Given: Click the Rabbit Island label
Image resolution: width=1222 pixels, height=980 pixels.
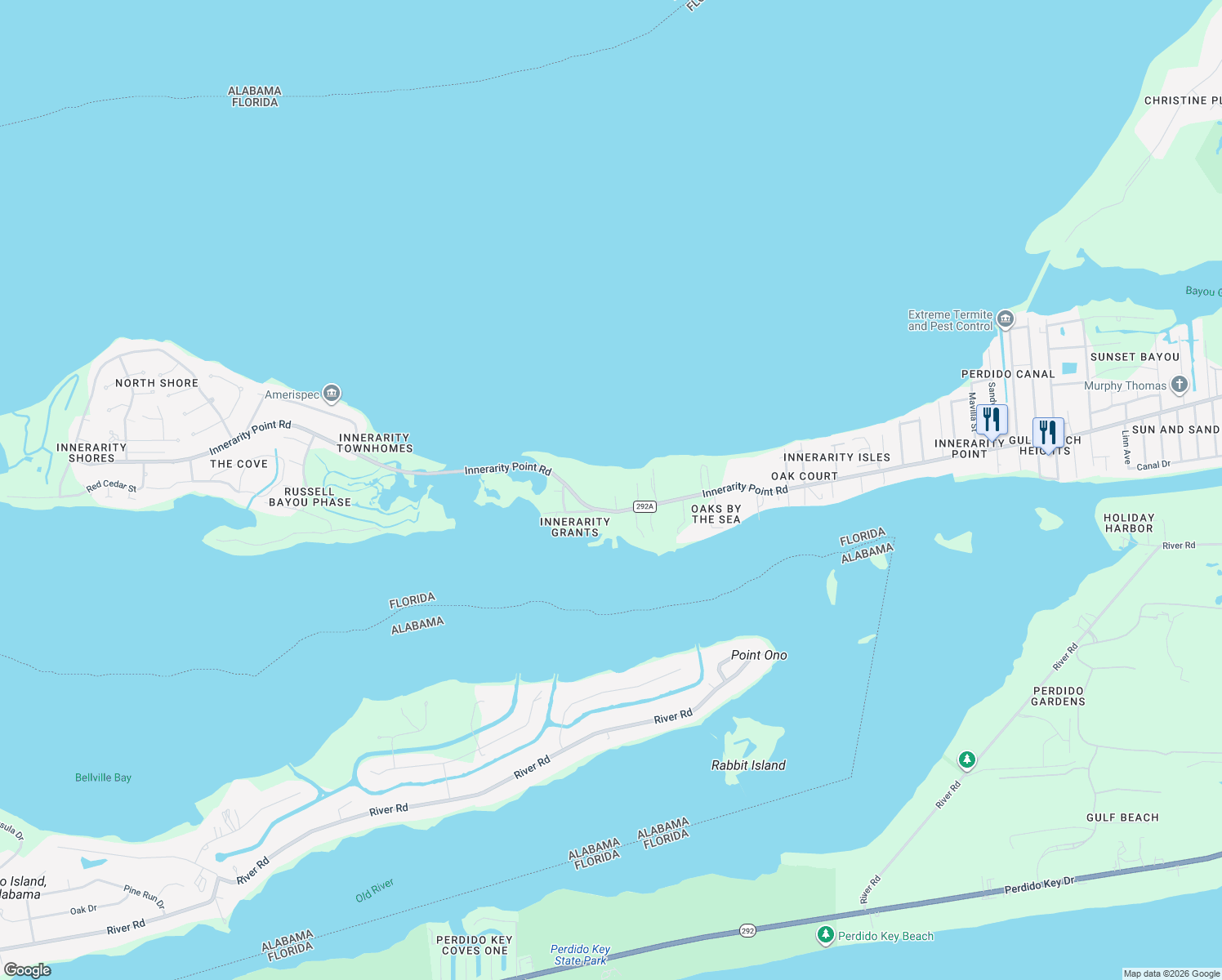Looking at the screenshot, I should coord(748,765).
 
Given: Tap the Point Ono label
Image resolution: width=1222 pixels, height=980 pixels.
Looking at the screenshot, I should coord(759,655).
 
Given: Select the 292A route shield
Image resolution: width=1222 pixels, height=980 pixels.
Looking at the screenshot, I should coord(644,506).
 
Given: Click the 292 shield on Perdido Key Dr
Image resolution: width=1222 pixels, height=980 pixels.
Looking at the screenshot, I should coord(747,930).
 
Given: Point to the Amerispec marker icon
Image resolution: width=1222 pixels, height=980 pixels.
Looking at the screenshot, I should coord(332,394).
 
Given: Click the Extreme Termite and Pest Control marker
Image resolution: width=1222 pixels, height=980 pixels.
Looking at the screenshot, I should coord(1006,319).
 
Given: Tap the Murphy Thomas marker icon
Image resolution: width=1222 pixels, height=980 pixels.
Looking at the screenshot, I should coord(1179,384).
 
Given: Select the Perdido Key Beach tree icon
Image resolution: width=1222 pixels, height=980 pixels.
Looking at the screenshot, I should coord(826,934).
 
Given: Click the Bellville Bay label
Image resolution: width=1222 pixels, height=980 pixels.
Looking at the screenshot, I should coord(103,777).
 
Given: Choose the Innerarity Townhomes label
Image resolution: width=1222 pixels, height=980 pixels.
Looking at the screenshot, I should coord(375,443).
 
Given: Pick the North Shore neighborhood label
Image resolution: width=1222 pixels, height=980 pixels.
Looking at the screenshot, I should coord(157,383).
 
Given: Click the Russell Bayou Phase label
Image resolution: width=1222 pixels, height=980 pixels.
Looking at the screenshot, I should coord(310,497).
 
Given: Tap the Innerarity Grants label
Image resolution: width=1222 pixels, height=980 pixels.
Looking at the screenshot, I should coord(575,527).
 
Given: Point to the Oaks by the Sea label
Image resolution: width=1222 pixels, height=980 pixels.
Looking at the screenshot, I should coord(716,514).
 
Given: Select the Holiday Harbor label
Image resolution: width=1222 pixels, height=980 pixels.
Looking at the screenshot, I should coord(1129,523).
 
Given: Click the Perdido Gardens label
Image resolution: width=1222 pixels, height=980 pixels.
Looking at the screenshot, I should coord(1059,696).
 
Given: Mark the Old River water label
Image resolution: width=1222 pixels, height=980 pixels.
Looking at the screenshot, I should coord(375,890).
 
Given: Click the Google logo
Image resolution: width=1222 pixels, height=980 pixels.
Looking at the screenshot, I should coord(28,970).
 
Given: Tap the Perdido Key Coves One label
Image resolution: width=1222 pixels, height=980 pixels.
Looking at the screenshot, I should coord(474,945).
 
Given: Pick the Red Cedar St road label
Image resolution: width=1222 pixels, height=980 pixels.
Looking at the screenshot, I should coord(112,486).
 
